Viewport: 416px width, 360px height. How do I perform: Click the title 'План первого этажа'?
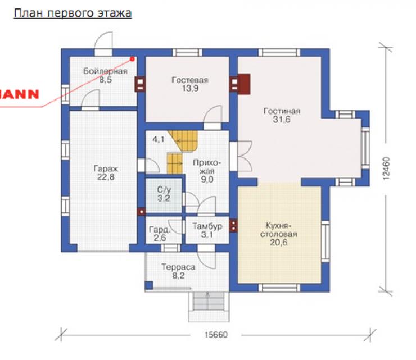point(73,13)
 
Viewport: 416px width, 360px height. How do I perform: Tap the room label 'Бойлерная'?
point(105,71)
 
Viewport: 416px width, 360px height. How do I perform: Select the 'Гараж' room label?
point(106,168)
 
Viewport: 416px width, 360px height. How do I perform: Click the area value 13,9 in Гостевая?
point(190,88)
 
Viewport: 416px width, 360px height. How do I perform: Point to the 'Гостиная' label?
point(282,111)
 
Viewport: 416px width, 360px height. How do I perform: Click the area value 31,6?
point(282,120)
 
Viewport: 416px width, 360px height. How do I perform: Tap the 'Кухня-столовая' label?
point(279,230)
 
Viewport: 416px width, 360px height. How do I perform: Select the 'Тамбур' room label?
point(207,226)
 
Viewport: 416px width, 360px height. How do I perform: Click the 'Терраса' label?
point(178,267)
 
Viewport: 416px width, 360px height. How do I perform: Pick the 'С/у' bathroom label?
point(164,189)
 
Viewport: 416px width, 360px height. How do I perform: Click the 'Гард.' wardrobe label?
point(159,229)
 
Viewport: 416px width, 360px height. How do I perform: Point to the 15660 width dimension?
point(216,335)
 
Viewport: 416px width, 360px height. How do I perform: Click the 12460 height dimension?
point(386,168)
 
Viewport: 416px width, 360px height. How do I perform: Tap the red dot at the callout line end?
point(132,59)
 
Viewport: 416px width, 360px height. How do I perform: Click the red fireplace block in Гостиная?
point(244,84)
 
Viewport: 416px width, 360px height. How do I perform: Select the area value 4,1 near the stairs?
point(159,139)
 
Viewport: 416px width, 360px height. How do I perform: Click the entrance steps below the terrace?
point(209,307)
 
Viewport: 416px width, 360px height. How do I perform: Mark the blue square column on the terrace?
point(149,285)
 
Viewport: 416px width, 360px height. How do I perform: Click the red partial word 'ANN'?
point(19,94)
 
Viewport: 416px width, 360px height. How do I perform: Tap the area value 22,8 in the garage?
point(106,177)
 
